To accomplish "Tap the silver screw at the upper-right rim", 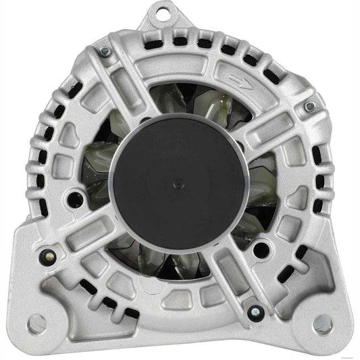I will (309, 106).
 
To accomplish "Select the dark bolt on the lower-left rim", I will (48, 256).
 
